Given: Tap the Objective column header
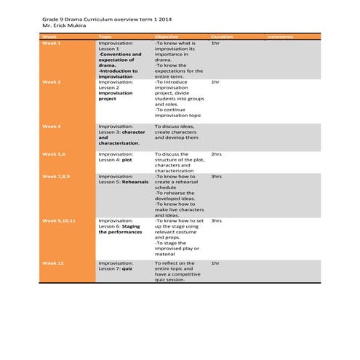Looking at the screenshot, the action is coord(167,36).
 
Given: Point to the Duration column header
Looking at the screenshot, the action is coord(222,36).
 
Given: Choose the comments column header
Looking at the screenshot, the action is coord(281,36).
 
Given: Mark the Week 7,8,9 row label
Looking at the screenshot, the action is coord(56,177).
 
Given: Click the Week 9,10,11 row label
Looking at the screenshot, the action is coord(59,220).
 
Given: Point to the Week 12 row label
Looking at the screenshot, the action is coord(53,263).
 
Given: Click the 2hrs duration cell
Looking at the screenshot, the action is coord(217,154).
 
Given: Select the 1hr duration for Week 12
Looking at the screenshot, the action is coord(215,263).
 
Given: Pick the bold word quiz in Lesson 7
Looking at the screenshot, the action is coord(127,269).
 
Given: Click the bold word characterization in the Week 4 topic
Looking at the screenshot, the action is coord(119,143).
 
